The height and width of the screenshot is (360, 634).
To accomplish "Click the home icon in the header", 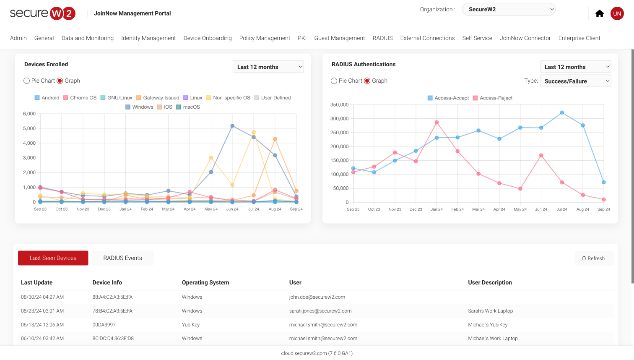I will click(600, 13).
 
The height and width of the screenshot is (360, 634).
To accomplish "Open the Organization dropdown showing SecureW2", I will click(509, 9).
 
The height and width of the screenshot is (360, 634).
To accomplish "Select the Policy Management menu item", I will click(265, 38).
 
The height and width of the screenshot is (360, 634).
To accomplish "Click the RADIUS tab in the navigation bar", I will click(382, 38).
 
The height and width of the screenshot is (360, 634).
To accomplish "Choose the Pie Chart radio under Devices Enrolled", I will click(27, 81).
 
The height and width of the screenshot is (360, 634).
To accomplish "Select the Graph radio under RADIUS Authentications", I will click(367, 81).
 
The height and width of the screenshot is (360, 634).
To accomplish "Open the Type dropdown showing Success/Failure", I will click(575, 81).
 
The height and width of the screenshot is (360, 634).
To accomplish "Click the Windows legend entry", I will click(139, 107).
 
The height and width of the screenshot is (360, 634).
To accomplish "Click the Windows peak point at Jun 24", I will click(232, 126).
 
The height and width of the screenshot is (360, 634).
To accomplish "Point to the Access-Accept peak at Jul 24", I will click(562, 112).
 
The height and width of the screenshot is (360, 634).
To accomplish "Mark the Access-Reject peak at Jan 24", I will click(437, 123).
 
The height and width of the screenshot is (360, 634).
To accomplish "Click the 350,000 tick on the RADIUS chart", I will click(339, 105).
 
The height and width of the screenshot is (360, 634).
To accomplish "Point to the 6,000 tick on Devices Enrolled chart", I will click(29, 114).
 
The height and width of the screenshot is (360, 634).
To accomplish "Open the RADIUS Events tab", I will click(122, 258).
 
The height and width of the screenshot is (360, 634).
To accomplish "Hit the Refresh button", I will click(594, 258).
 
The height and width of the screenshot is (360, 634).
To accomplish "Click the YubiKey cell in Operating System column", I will click(191, 325).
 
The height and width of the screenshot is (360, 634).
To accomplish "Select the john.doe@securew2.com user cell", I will click(317, 297).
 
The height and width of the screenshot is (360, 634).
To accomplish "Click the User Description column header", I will click(490, 282).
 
